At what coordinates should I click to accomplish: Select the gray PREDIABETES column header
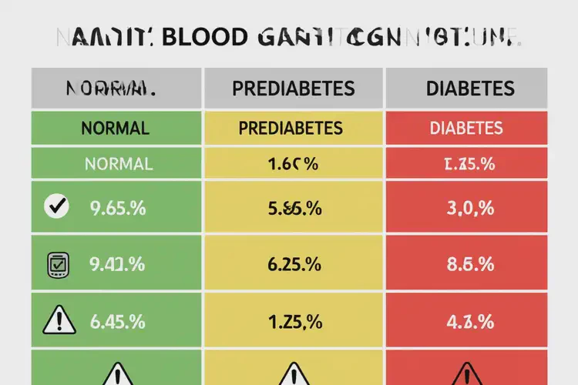(x=293, y=89)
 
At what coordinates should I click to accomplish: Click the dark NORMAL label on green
(x=116, y=128)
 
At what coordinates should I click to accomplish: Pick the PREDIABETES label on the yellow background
(x=293, y=128)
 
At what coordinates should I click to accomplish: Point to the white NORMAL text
(x=119, y=164)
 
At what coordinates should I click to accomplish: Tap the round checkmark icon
(x=58, y=206)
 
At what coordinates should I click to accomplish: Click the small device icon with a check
(x=58, y=264)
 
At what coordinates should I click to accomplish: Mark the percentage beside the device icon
(x=117, y=264)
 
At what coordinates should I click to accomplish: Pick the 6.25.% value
(x=294, y=264)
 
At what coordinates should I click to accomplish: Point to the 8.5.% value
(x=469, y=264)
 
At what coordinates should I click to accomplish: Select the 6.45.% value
(x=117, y=322)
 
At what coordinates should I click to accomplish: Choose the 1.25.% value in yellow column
(x=294, y=322)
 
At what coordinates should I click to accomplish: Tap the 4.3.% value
(x=469, y=322)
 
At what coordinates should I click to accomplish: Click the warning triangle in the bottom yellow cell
(x=294, y=374)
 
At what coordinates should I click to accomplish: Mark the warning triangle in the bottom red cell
(x=468, y=374)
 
